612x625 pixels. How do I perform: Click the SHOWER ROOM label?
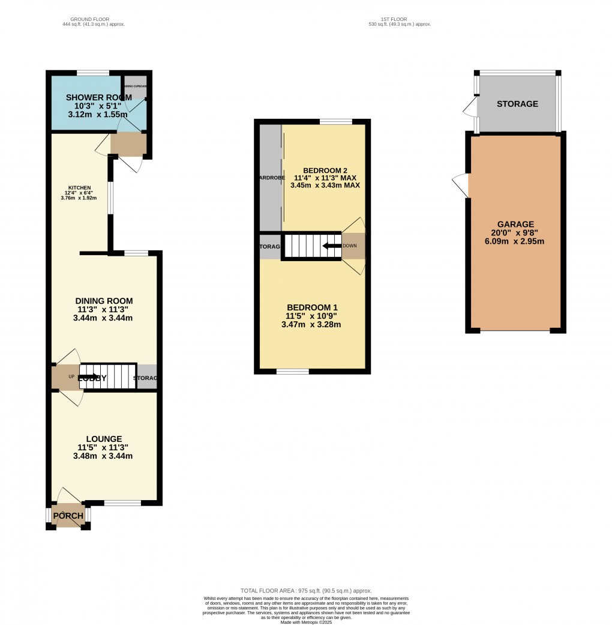(x=94, y=97)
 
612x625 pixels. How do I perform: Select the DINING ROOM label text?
(x=104, y=301)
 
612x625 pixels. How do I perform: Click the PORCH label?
(x=68, y=516)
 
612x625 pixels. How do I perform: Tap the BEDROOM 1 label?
(x=311, y=307)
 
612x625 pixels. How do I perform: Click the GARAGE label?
(x=515, y=225)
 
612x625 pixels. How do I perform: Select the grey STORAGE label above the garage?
(x=517, y=104)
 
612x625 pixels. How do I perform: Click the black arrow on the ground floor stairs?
(x=92, y=377)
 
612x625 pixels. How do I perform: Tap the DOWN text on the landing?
(x=349, y=246)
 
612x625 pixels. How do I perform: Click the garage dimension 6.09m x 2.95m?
(x=515, y=242)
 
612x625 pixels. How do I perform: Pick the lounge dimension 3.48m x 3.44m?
(x=103, y=456)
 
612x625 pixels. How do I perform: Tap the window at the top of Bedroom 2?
(x=335, y=122)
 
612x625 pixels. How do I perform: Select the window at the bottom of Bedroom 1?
(x=293, y=372)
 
